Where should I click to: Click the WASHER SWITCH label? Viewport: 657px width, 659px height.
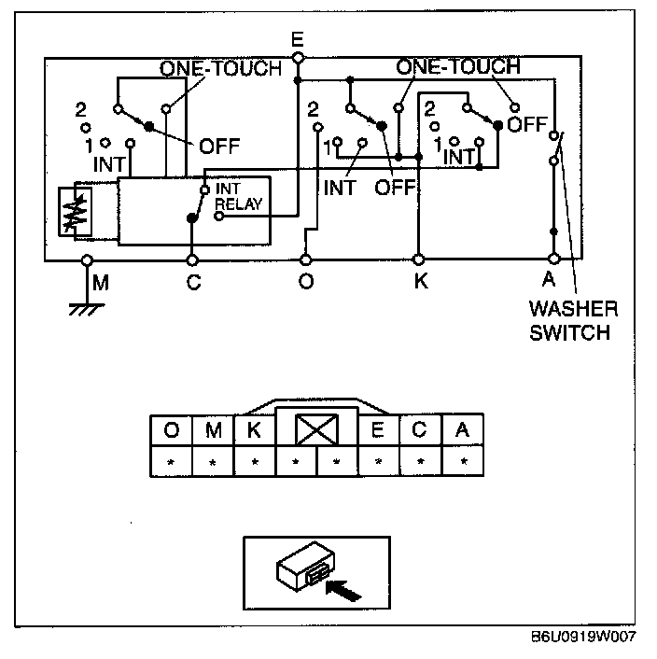pos(573,320)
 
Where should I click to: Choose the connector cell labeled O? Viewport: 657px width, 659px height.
pos(171,430)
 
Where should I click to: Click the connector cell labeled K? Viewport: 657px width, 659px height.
pos(253,430)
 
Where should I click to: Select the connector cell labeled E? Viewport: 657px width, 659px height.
pos(378,430)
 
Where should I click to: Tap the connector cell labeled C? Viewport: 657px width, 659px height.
pos(420,430)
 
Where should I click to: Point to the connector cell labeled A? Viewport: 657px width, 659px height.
pos(461,430)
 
